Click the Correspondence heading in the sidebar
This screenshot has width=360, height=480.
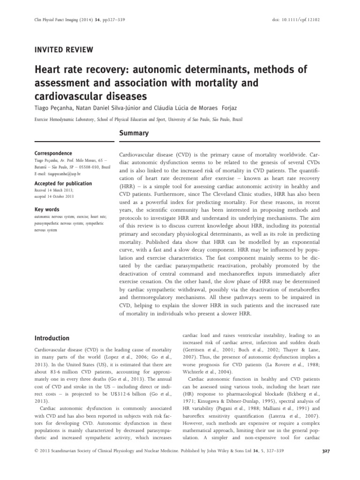tap(53, 153)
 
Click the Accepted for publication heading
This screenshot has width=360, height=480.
tap(63, 183)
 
